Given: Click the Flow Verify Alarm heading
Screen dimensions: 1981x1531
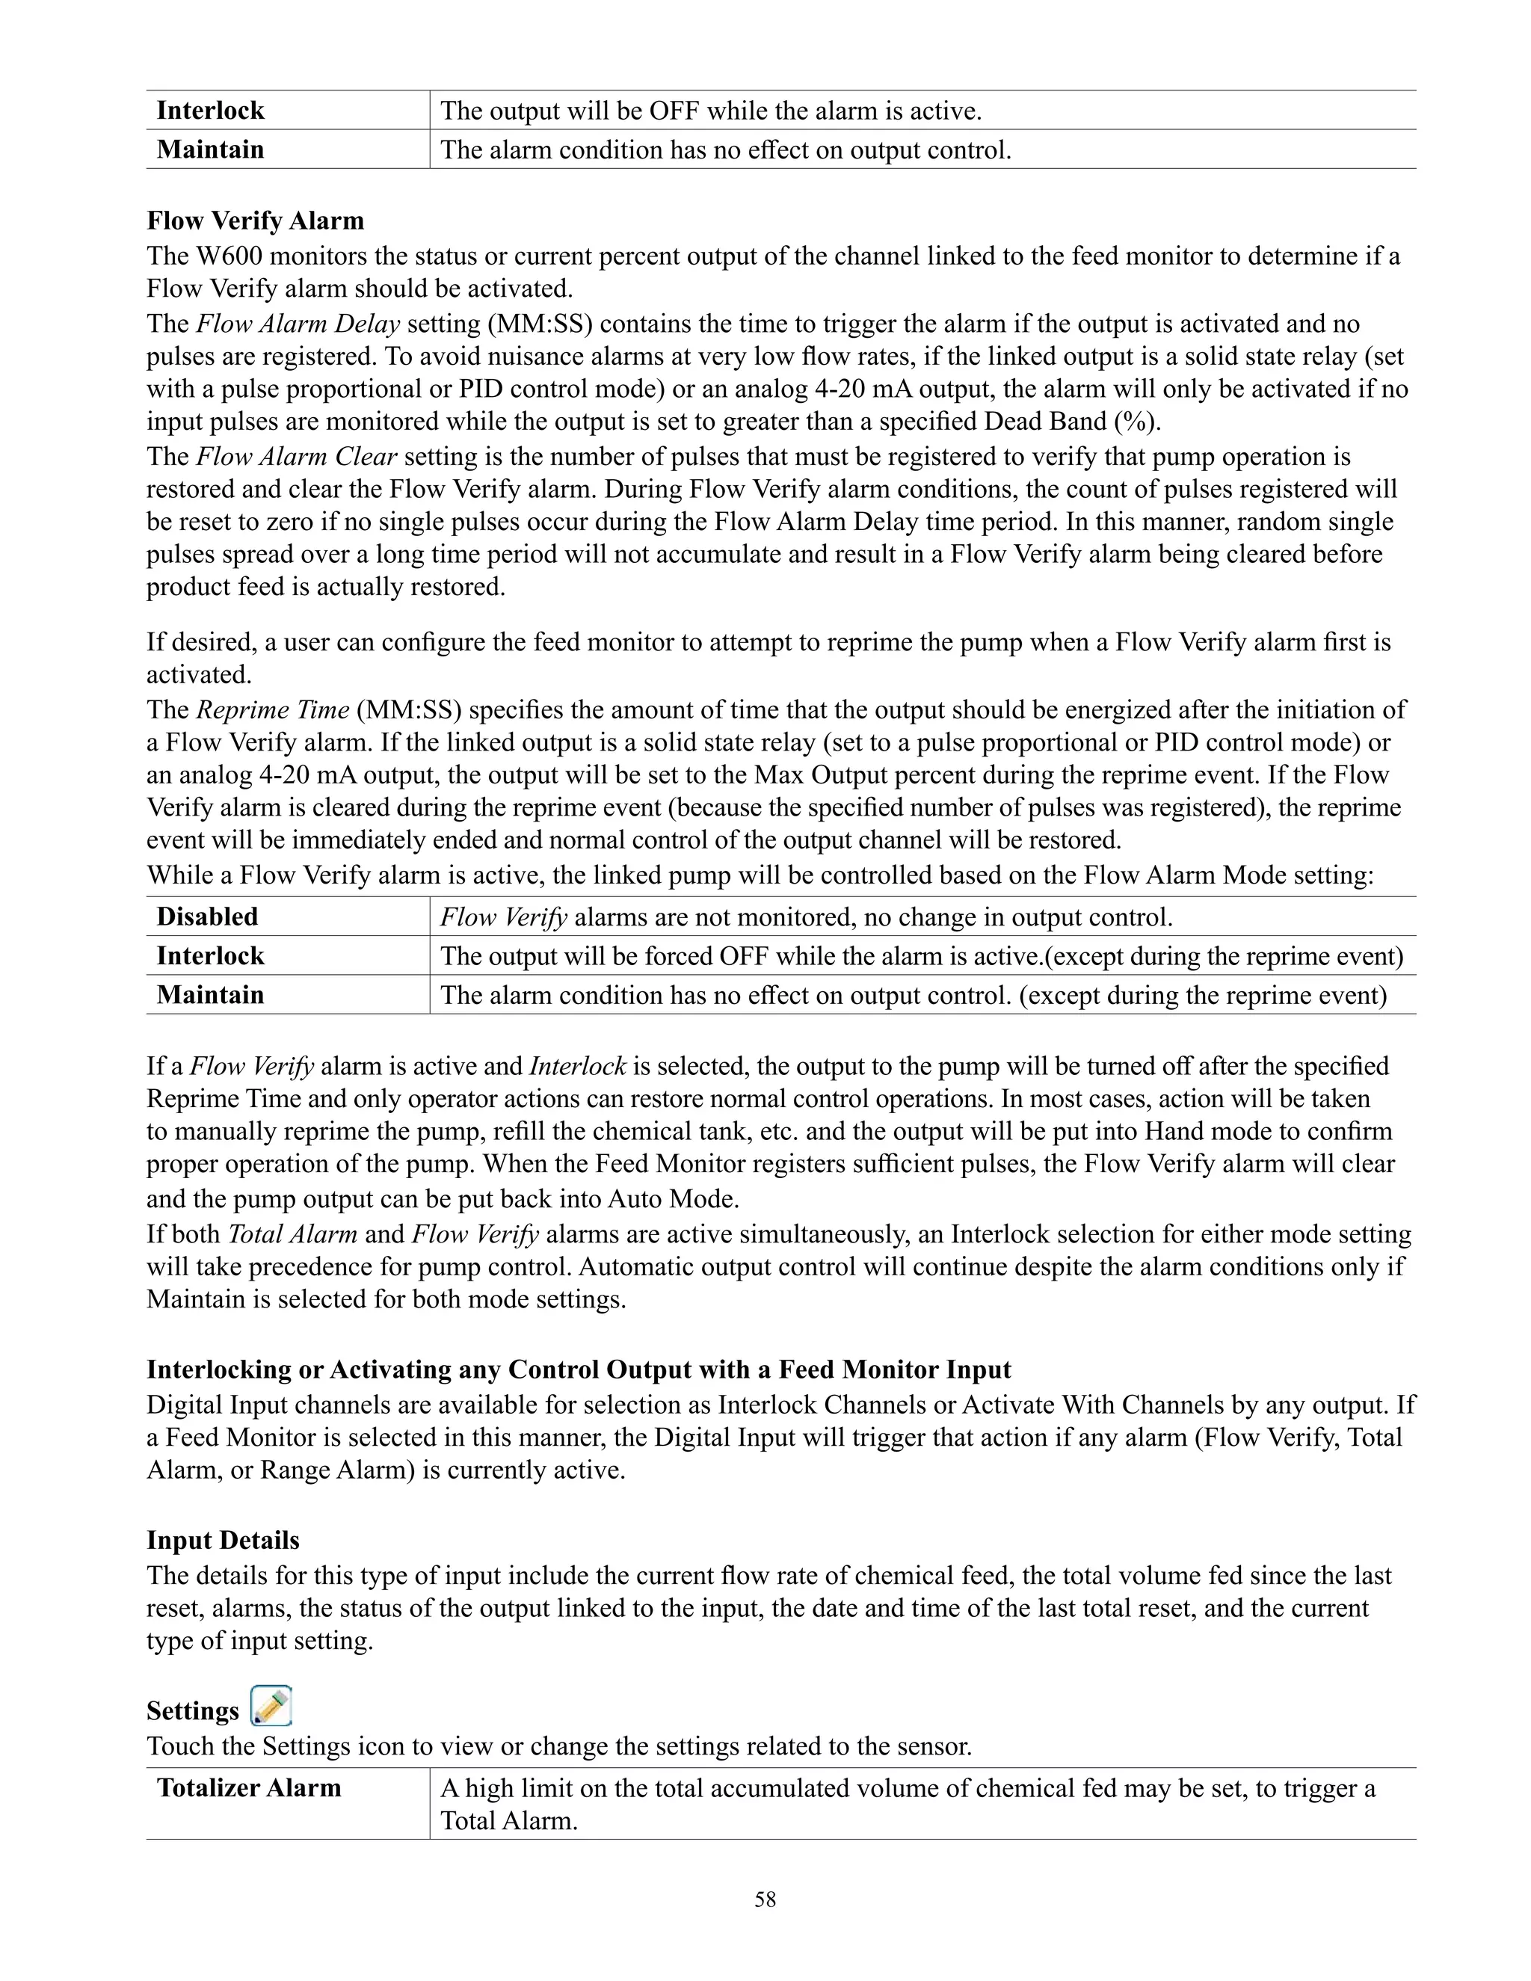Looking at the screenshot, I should tap(255, 221).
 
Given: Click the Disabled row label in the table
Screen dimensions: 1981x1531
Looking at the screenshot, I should tap(207, 916).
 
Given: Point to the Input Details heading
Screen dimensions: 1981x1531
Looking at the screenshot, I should tap(222, 1540).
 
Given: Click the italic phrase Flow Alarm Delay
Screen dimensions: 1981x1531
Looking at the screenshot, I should tap(298, 324).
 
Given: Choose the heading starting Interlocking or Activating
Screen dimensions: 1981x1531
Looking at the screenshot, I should tap(579, 1369).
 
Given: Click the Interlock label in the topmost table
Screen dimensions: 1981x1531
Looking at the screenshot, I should tap(209, 111).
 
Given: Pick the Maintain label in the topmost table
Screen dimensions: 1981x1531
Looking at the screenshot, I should tap(209, 150).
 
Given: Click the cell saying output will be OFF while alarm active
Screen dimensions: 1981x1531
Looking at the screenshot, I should tap(711, 111).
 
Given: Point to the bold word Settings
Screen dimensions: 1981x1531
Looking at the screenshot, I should tap(192, 1710).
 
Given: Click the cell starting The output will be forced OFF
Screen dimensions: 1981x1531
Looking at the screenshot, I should tap(922, 956).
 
